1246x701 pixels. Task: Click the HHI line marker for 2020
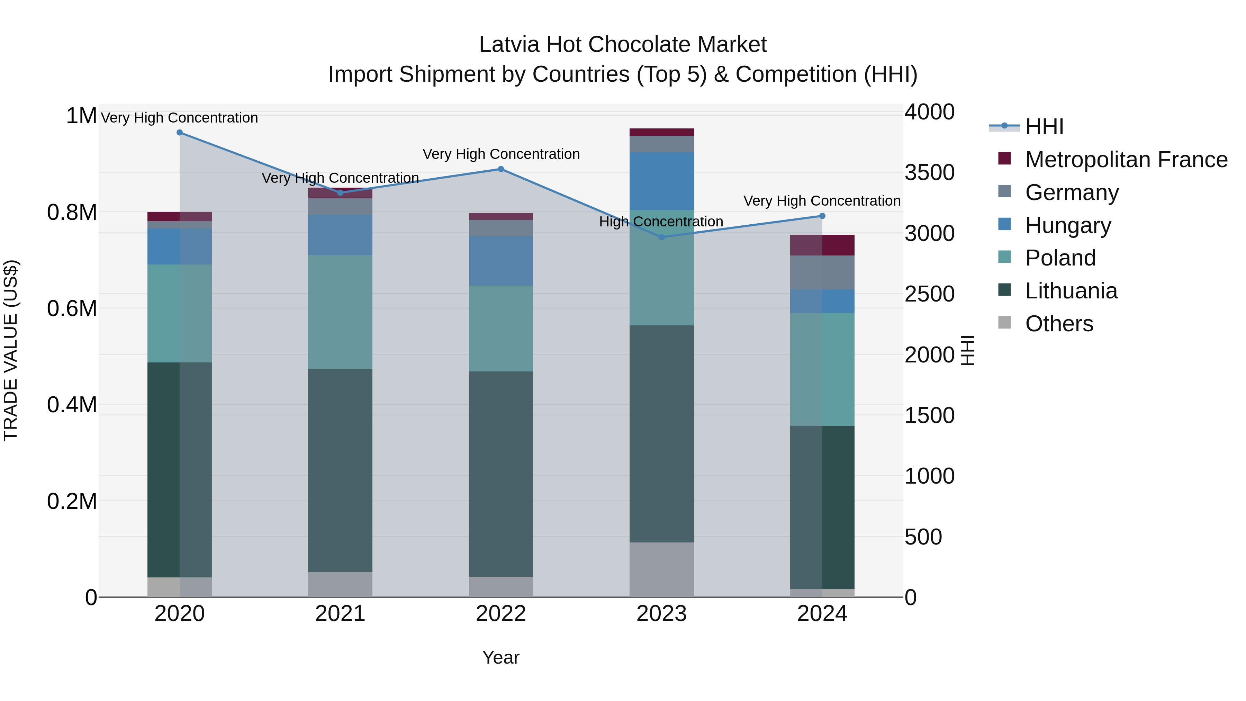point(179,132)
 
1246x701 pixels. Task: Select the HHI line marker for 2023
point(662,237)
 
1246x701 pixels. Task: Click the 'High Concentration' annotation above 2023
point(661,222)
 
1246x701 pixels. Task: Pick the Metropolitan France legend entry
point(1126,160)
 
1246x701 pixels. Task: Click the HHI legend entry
point(1044,127)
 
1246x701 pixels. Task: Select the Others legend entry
point(1058,324)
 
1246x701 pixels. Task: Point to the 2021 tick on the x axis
point(340,614)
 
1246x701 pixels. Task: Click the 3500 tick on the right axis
point(929,173)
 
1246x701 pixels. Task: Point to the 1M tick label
point(81,116)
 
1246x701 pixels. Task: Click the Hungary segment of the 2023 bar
point(662,181)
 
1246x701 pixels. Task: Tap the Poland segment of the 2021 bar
point(340,312)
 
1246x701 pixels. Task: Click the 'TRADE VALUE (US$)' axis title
point(11,350)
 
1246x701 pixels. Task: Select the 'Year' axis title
point(500,657)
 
